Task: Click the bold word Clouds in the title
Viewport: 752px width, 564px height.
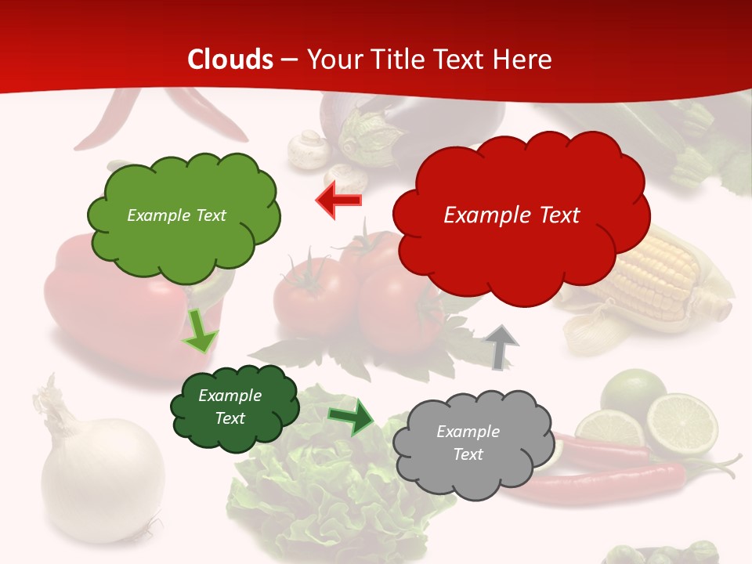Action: click(230, 60)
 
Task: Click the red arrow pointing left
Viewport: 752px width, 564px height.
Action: click(339, 201)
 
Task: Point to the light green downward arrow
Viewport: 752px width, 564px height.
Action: click(200, 331)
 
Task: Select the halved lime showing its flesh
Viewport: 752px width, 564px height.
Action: click(682, 424)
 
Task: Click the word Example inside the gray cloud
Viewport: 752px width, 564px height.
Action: click(468, 432)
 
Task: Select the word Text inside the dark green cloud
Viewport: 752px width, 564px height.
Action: click(230, 418)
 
